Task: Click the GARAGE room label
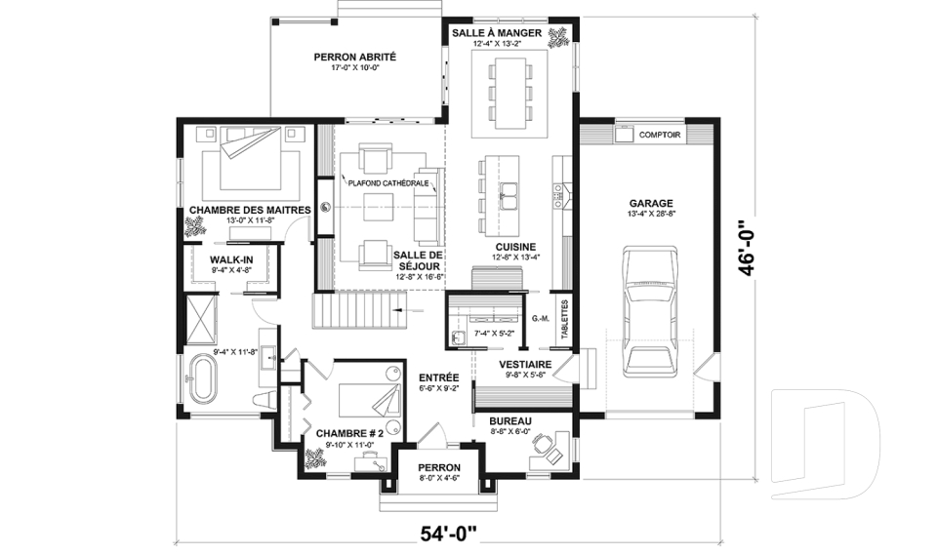[x=650, y=203]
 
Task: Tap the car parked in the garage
[x=650, y=310]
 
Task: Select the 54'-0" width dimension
[x=449, y=532]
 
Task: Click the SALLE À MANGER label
[x=497, y=32]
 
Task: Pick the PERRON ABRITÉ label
[x=355, y=58]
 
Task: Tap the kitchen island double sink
[x=509, y=197]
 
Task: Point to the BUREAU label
[x=510, y=421]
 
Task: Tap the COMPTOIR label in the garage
[x=660, y=135]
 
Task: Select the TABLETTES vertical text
[x=565, y=318]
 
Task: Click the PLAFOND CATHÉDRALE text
[x=388, y=183]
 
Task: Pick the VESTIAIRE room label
[x=525, y=365]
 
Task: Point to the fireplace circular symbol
[x=326, y=208]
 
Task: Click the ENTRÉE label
[x=438, y=377]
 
